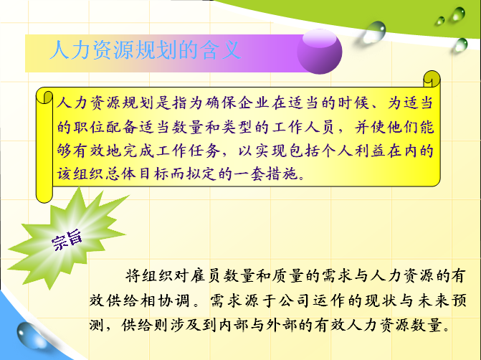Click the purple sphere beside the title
319,52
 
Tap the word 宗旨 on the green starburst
67,240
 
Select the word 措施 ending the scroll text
282,174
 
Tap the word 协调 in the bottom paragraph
174,300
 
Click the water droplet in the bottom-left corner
29,335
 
